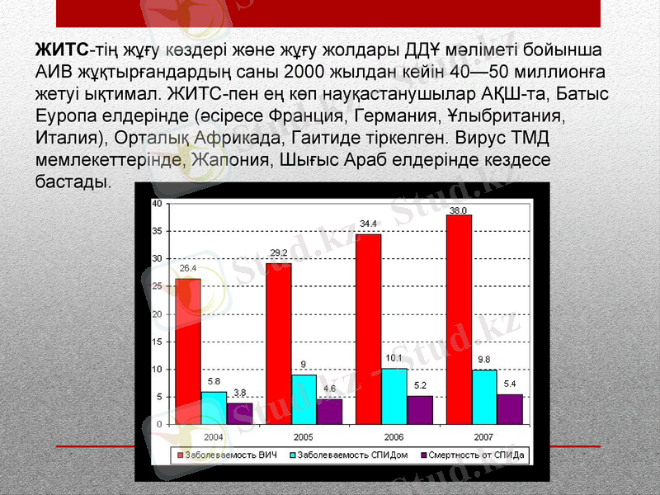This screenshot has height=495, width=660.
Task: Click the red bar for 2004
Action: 188,351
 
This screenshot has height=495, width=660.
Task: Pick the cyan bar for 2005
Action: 304,399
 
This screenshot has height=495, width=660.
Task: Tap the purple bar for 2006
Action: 420,409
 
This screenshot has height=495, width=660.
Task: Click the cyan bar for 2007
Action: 483,397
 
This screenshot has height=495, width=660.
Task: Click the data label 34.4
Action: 369,224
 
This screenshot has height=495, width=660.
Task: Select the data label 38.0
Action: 459,210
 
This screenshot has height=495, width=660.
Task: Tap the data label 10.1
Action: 394,358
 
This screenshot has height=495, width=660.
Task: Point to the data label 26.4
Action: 188,268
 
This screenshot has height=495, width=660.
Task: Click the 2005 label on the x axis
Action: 304,436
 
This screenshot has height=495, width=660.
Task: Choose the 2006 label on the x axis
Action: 394,436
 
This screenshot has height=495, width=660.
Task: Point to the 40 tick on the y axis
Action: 156,203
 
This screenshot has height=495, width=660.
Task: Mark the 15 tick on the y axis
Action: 156,342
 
